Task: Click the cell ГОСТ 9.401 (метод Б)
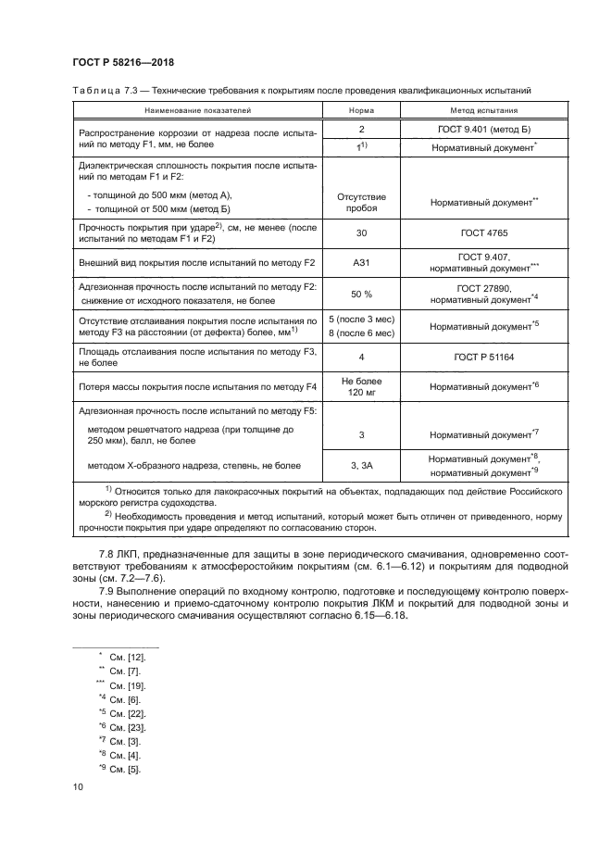pyautogui.click(x=483, y=130)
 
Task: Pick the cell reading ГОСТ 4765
pyautogui.click(x=483, y=236)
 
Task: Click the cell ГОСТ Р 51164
pyautogui.click(x=483, y=356)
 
